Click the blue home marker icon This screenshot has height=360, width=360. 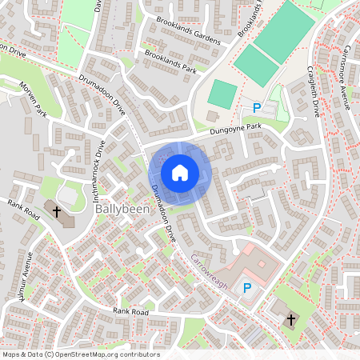pyautogui.click(x=180, y=173)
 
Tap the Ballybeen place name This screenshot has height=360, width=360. pyautogui.click(x=120, y=209)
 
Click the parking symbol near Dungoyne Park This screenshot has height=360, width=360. pyautogui.click(x=257, y=108)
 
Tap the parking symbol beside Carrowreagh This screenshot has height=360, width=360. pyautogui.click(x=247, y=288)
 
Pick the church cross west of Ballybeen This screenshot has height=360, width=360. pyautogui.click(x=57, y=212)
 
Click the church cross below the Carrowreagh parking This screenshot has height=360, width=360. pyautogui.click(x=290, y=320)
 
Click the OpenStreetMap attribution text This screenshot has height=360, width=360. pyautogui.click(x=81, y=354)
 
